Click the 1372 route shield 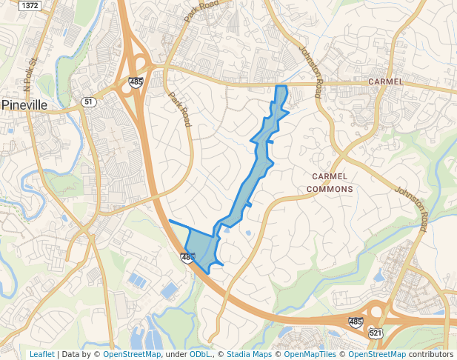click(30, 5)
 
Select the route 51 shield click(89, 101)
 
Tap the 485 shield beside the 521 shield click(356, 322)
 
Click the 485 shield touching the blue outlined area click(187, 258)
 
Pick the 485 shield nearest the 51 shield click(135, 81)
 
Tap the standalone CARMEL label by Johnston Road click(385, 81)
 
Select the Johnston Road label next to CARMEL click(310, 73)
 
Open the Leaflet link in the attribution click(41, 354)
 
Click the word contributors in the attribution click(431, 354)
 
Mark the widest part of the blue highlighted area click(201, 248)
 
